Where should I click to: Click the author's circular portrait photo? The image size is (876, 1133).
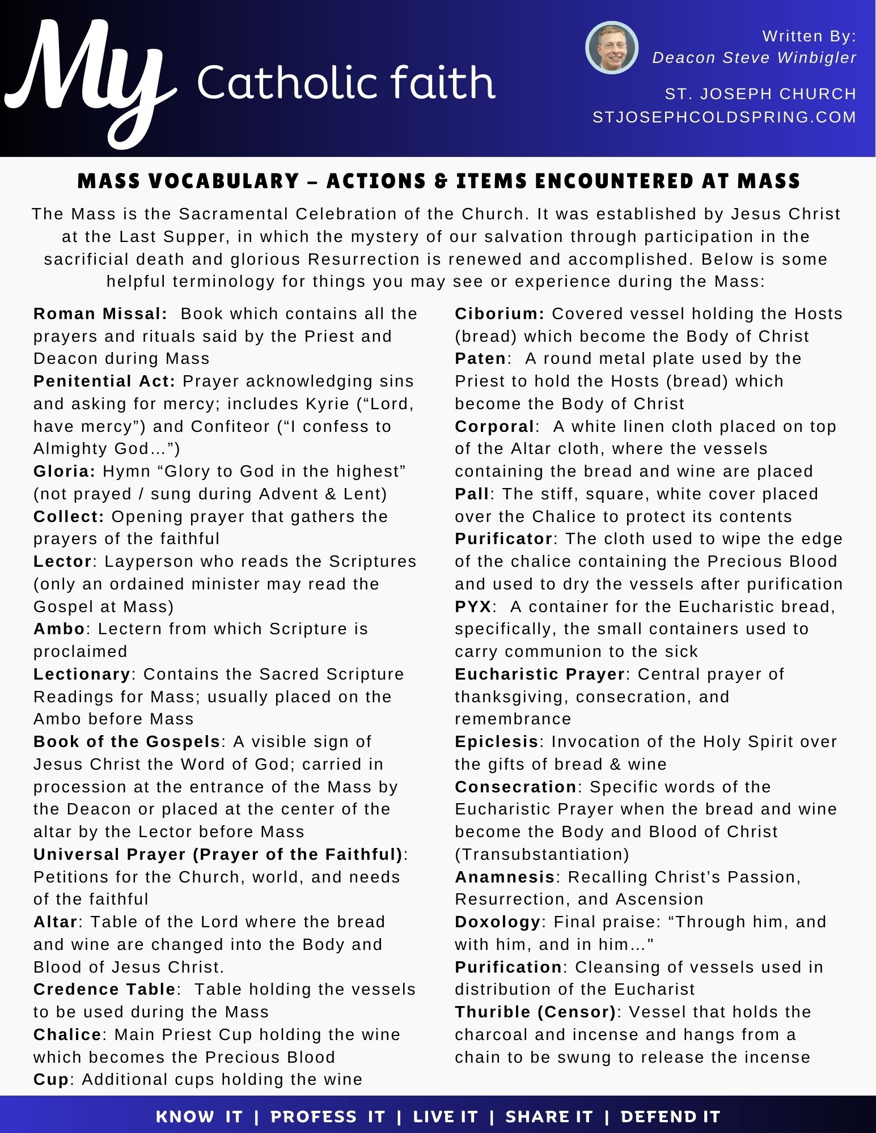point(612,48)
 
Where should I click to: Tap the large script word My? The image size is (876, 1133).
point(91,79)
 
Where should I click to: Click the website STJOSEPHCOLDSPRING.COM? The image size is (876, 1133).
point(724,117)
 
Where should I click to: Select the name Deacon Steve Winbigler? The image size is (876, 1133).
point(754,58)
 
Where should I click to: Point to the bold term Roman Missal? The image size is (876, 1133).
point(100,314)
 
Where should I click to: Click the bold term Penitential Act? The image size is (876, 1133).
point(104,381)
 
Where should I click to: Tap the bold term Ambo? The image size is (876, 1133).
point(59,629)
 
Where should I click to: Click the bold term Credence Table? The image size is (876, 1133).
point(104,990)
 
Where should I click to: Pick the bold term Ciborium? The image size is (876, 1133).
point(499,314)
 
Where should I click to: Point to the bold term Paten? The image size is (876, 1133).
point(480,359)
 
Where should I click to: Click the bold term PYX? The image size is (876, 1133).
point(473,607)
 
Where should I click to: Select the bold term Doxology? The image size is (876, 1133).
point(497,922)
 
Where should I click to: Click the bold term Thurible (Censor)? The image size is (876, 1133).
point(535,1012)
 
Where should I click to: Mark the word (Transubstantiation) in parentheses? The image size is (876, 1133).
point(542,855)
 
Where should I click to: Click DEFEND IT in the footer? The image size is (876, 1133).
point(670,1117)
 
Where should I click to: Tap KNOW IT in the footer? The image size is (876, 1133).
point(199,1117)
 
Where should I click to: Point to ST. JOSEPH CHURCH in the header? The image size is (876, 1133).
point(760,94)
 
